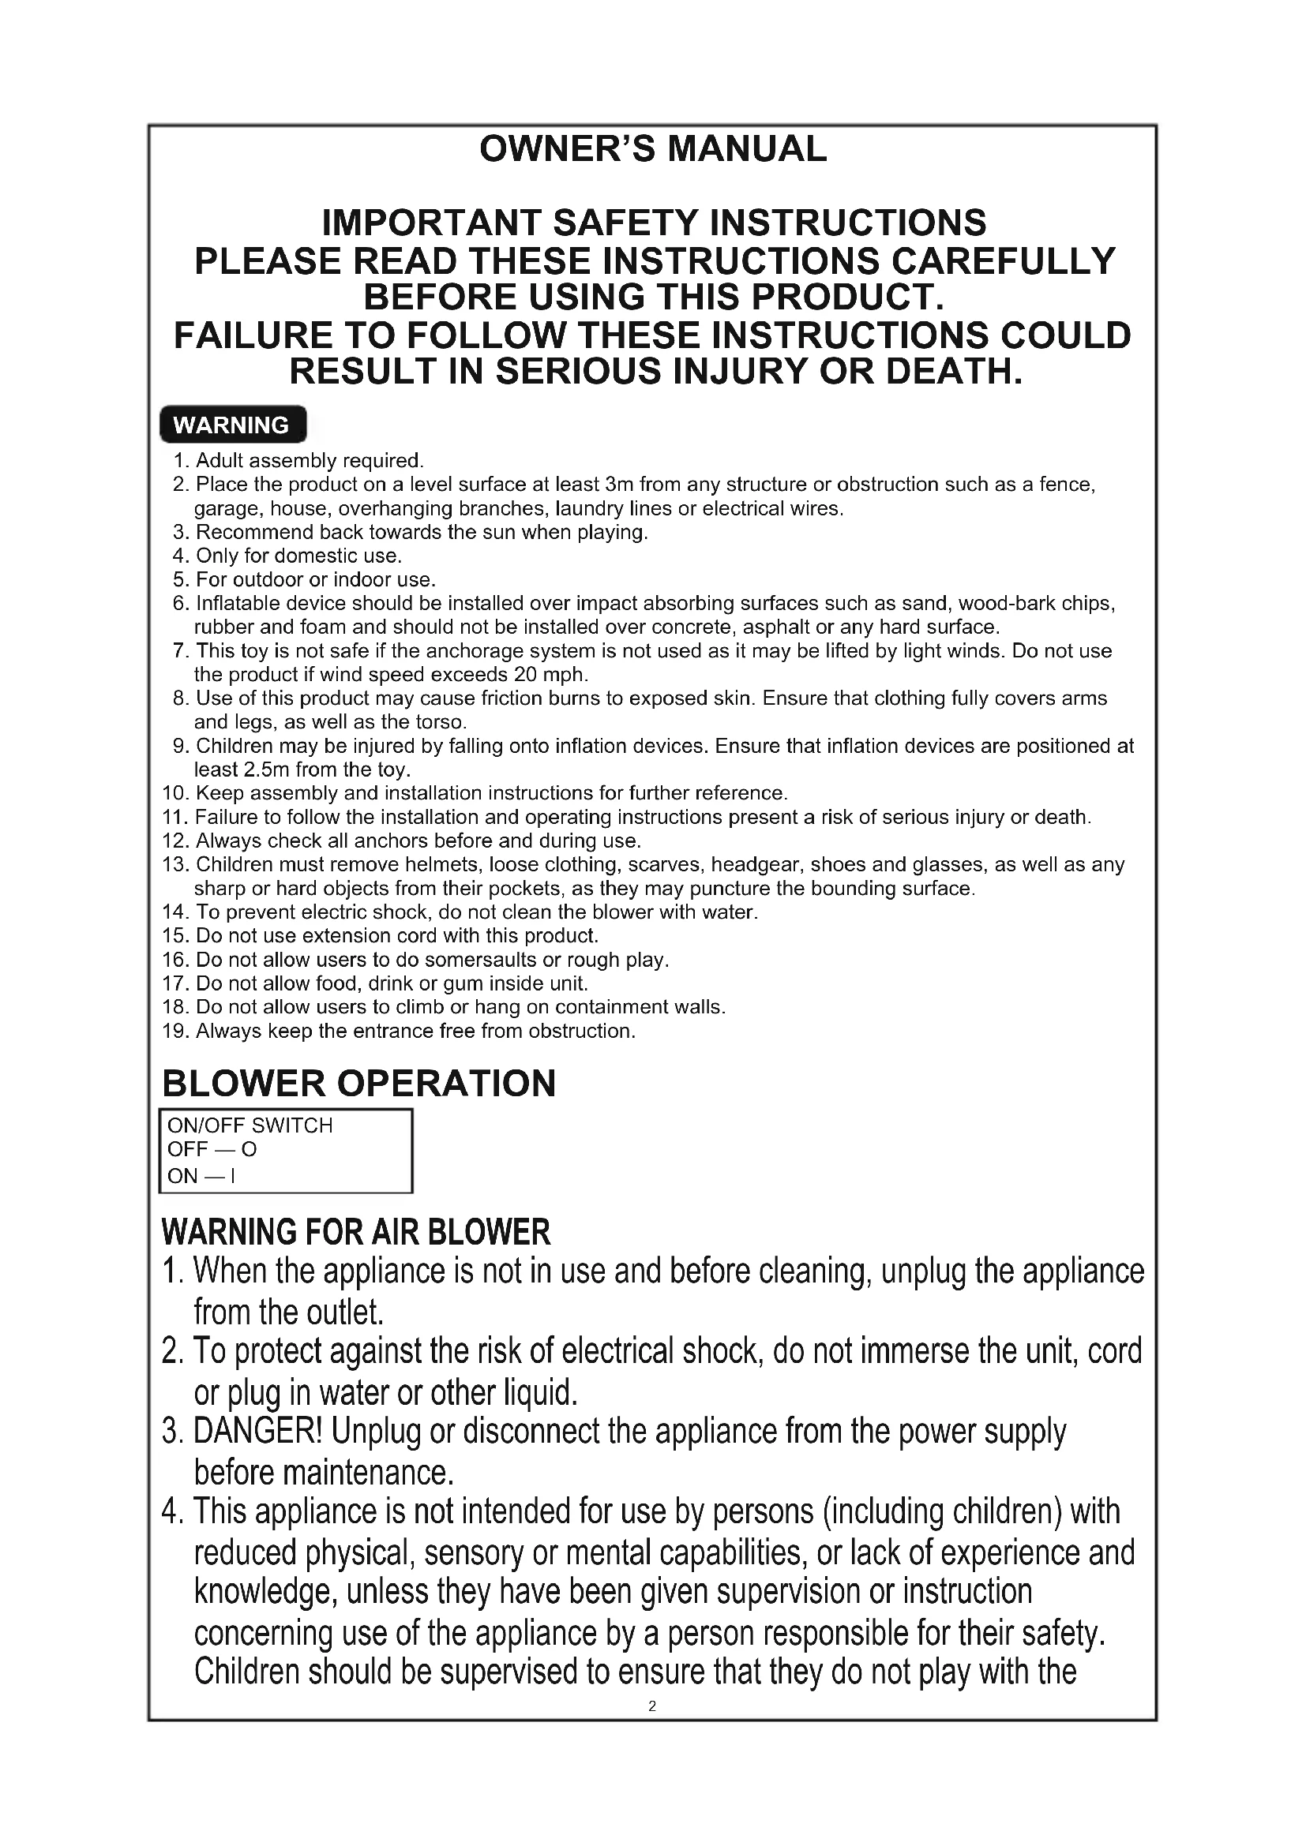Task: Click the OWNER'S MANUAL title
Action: [652, 148]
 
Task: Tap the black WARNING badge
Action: [232, 425]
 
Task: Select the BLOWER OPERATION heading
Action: [358, 1083]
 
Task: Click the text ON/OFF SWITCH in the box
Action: [250, 1125]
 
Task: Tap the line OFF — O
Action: [212, 1150]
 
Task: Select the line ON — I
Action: [201, 1175]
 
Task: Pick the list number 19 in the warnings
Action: [175, 1031]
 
